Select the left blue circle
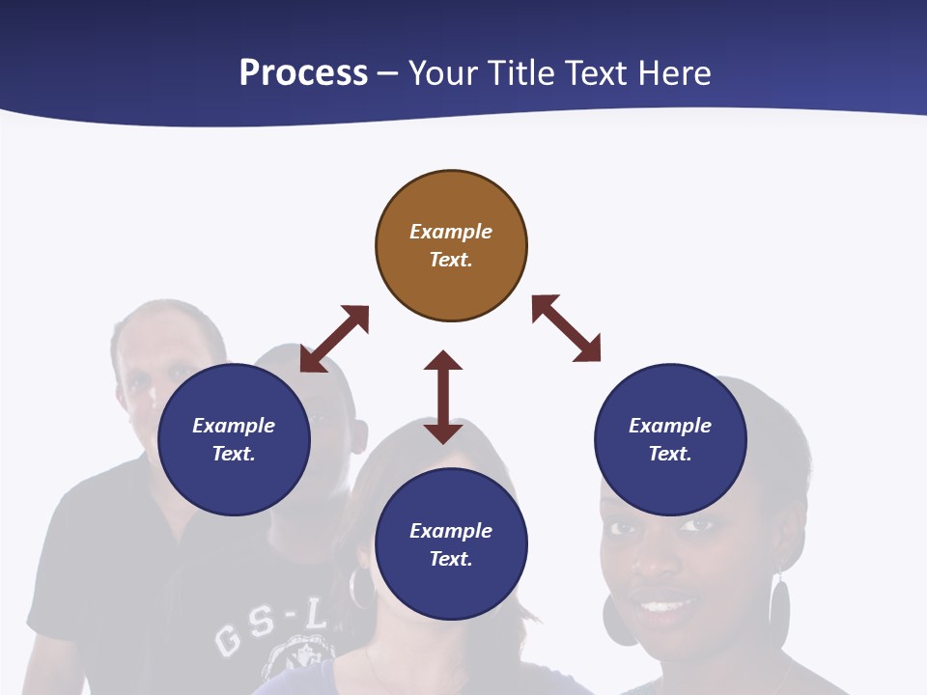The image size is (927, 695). pos(234,439)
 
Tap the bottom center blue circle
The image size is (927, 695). pos(451,544)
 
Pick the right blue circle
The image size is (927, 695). pos(670,439)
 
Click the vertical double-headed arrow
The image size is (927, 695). pos(443,397)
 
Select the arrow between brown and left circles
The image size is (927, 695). pos(334,339)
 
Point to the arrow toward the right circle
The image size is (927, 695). pos(567,328)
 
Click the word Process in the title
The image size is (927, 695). pos(303,73)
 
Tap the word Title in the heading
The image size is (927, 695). pos(522,73)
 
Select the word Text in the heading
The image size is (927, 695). pos(594,73)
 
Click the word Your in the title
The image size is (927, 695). pos(443,73)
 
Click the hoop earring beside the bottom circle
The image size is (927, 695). pos(360,588)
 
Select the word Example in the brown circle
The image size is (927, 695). pos(451,232)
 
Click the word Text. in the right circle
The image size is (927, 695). pos(670,454)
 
